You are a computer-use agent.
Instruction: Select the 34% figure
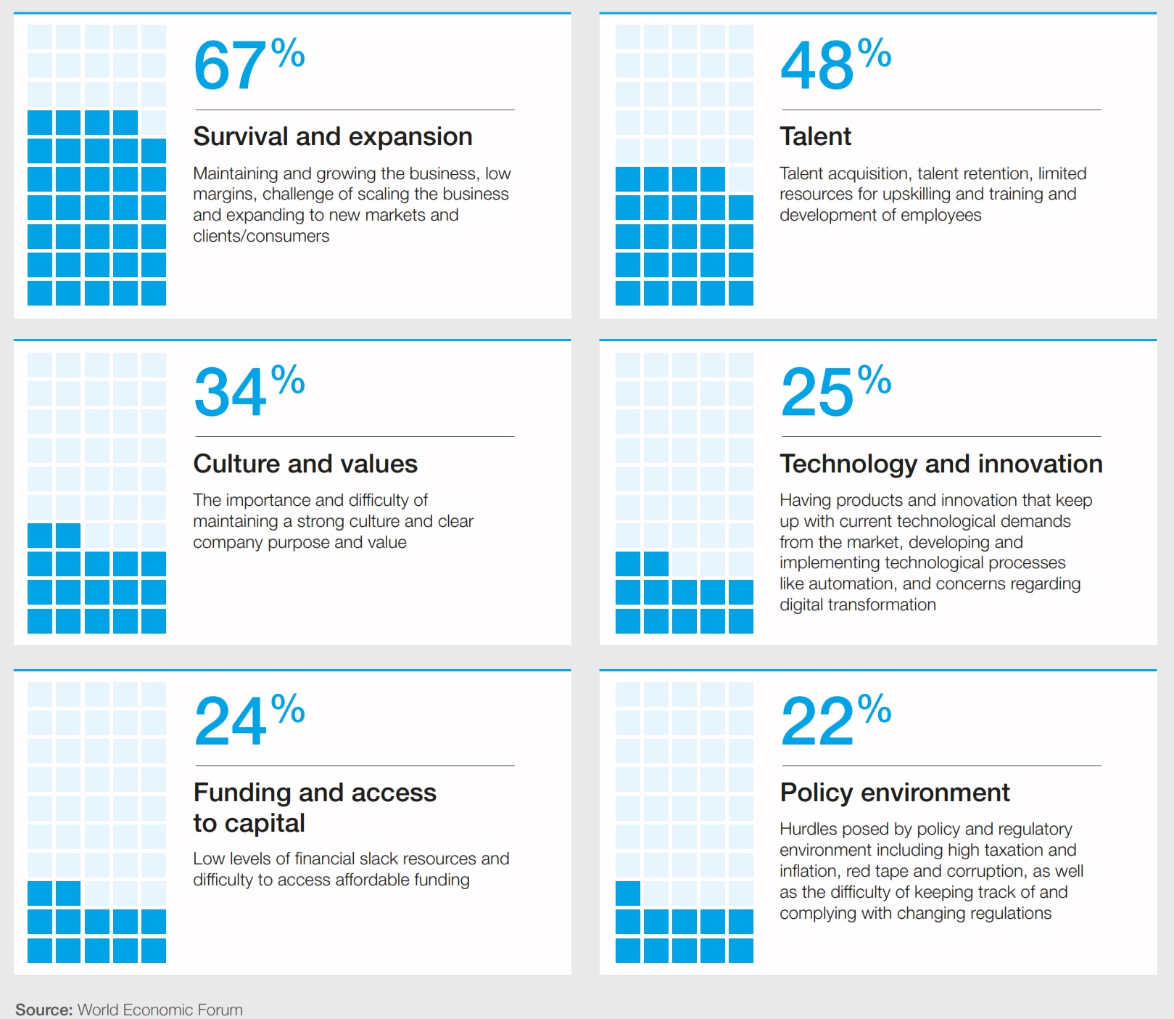(249, 392)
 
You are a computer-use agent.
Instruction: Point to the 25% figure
(835, 392)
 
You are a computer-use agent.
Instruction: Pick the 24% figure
(249, 721)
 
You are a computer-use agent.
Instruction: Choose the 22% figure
(835, 721)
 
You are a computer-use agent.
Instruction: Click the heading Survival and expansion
(333, 136)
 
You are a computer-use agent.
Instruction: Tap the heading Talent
(815, 136)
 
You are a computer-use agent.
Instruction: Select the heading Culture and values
(305, 464)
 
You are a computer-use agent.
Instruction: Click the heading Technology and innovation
(941, 464)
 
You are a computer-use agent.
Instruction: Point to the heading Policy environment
(895, 793)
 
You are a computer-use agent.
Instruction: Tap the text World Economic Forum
(160, 1010)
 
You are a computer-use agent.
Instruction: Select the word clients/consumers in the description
(261, 236)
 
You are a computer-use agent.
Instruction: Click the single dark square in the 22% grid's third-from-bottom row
(628, 893)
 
